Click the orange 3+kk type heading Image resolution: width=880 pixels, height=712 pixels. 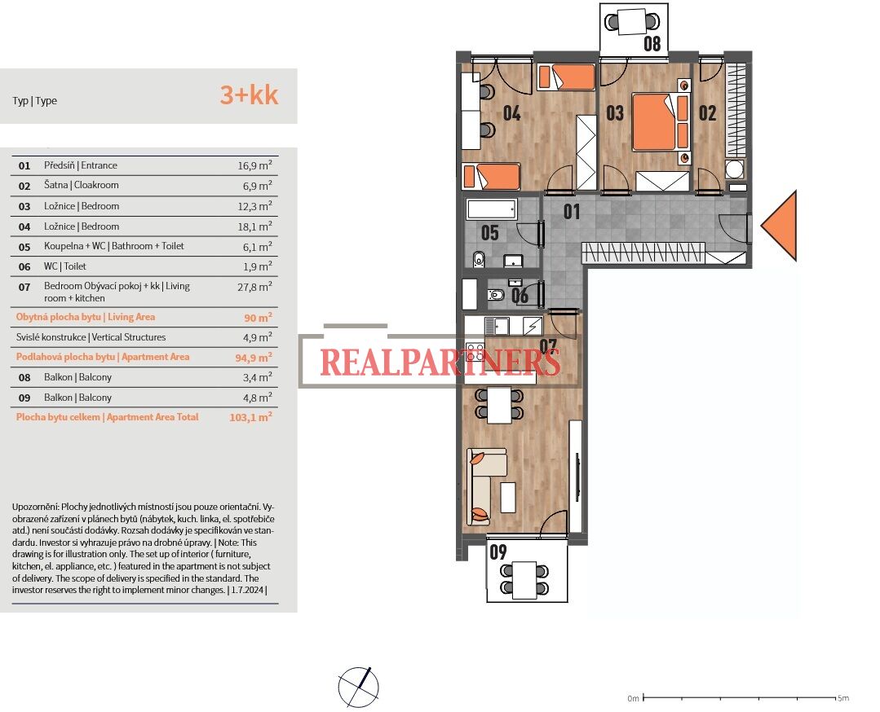[249, 94]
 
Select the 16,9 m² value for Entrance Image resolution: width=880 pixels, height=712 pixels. [254, 165]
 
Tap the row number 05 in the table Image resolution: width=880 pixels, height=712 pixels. [24, 247]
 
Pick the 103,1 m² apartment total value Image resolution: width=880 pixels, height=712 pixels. [251, 417]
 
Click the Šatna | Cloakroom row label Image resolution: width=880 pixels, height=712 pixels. [82, 185]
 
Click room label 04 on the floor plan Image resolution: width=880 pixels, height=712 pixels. [511, 113]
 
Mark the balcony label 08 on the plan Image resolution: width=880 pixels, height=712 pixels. [652, 43]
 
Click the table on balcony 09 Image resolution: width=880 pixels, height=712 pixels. [524, 580]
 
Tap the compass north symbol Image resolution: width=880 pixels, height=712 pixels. [358, 687]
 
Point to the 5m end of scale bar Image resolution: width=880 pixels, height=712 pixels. [834, 698]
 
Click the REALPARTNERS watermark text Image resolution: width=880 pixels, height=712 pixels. [440, 362]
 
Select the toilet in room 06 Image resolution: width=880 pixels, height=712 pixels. [496, 294]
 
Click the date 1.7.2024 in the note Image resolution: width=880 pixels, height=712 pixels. [247, 590]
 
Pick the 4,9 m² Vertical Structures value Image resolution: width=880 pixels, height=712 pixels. [258, 337]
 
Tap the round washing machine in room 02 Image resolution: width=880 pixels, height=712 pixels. [734, 169]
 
